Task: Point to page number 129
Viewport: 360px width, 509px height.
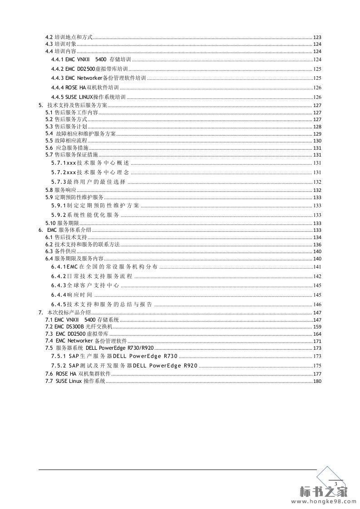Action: tap(317, 134)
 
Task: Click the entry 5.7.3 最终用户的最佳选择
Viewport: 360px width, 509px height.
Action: tap(88, 182)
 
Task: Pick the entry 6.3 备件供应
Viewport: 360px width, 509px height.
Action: tap(61, 251)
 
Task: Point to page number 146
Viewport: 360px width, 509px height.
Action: tap(317, 304)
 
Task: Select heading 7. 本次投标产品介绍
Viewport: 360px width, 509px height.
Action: tap(66, 313)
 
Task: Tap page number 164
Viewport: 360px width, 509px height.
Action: tap(317, 334)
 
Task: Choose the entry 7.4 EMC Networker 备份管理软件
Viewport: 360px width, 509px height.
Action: tap(86, 341)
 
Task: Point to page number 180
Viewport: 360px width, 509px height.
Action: tap(317, 381)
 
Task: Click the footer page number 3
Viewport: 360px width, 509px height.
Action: tap(335, 485)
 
